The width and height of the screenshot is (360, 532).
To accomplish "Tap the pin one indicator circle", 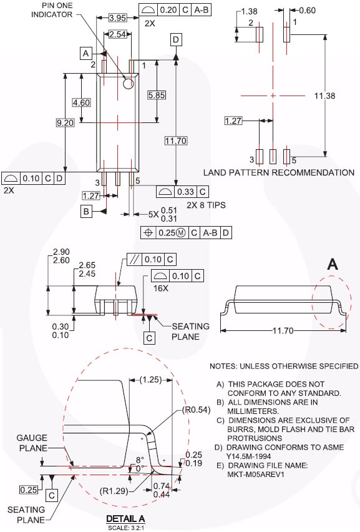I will pyautogui.click(x=129, y=83).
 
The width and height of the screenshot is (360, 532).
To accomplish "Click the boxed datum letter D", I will pyautogui.click(x=176, y=39).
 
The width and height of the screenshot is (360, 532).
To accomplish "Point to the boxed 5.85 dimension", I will pyautogui.click(x=156, y=95).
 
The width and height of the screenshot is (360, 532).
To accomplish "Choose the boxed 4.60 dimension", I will pyautogui.click(x=82, y=102).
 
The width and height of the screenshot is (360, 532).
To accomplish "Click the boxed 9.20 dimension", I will pyautogui.click(x=65, y=123).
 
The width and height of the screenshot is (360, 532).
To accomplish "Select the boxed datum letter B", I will pyautogui.click(x=86, y=212).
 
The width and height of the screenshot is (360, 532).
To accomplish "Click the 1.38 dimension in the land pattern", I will pyautogui.click(x=249, y=11).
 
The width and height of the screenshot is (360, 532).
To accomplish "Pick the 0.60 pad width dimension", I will pyautogui.click(x=307, y=11).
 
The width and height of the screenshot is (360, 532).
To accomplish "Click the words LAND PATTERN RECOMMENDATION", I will pyautogui.click(x=279, y=172).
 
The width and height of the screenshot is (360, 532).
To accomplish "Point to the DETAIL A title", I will pyautogui.click(x=125, y=519).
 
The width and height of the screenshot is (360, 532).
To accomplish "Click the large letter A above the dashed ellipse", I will pyautogui.click(x=333, y=265).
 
